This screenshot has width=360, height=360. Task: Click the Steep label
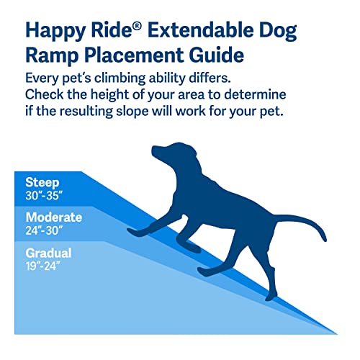tap(41, 182)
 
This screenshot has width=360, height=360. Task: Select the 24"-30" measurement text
tap(45, 230)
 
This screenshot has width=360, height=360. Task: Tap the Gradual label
tap(48, 254)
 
